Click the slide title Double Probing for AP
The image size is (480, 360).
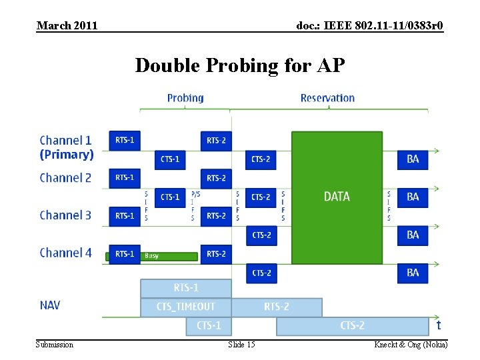(x=240, y=65)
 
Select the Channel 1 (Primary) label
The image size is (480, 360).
(x=66, y=147)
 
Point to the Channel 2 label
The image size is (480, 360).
(x=65, y=178)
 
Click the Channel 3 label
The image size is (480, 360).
(x=65, y=215)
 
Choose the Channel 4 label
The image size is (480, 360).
(x=65, y=253)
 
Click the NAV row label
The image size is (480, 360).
(x=50, y=305)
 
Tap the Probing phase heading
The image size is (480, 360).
(x=185, y=98)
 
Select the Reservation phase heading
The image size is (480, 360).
(x=327, y=98)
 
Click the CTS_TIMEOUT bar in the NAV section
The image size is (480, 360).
(x=186, y=307)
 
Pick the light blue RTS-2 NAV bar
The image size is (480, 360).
(x=277, y=307)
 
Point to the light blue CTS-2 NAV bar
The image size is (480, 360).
(x=352, y=326)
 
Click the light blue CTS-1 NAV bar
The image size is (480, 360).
(x=209, y=326)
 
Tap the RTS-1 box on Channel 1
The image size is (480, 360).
(x=125, y=141)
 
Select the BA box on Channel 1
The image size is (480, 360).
(x=413, y=159)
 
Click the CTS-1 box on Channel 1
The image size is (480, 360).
(x=170, y=159)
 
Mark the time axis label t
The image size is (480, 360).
(x=438, y=325)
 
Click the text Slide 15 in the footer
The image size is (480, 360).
(x=241, y=344)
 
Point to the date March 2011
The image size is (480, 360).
(x=67, y=26)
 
